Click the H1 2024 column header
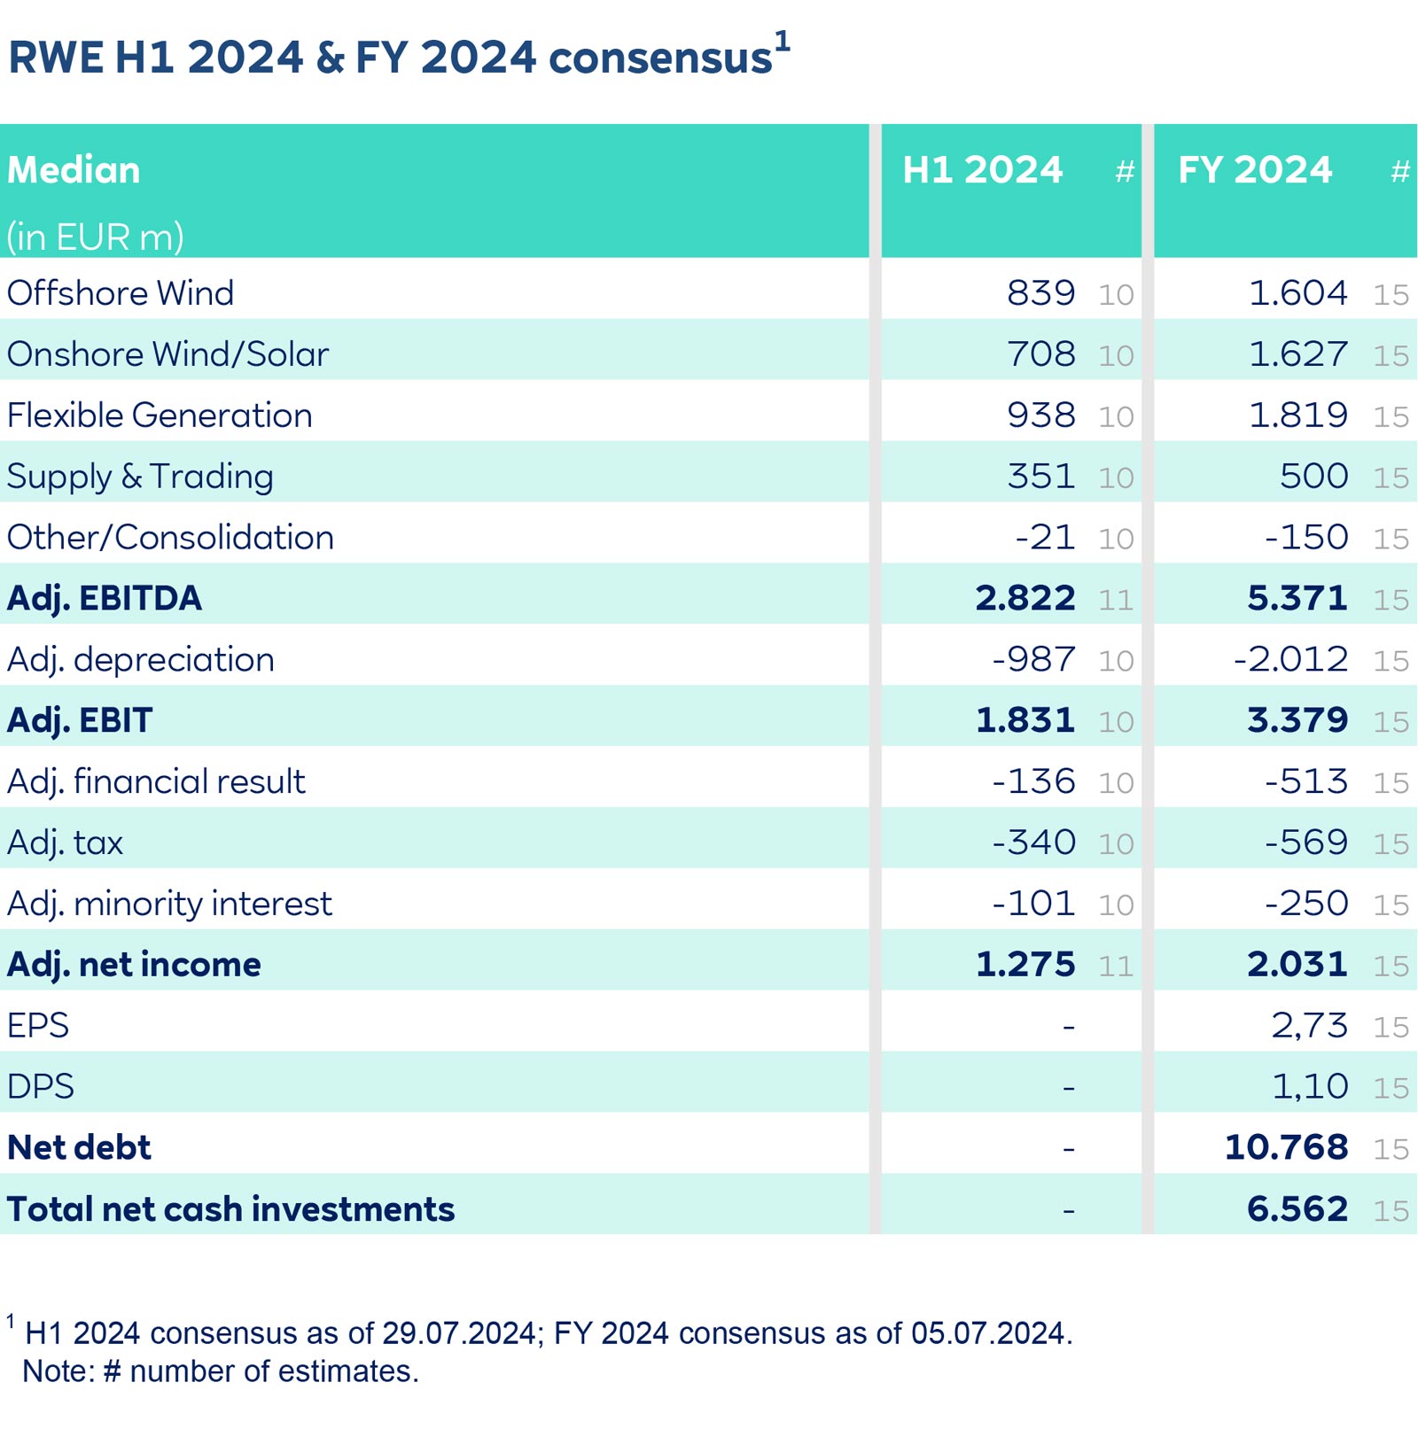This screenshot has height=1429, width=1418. click(x=982, y=169)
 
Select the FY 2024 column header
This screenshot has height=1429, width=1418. click(x=1254, y=169)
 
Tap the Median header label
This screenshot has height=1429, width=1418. click(x=74, y=169)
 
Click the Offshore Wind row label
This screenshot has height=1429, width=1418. click(x=121, y=293)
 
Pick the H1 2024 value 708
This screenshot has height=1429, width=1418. click(x=1040, y=354)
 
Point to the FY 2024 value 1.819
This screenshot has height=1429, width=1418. click(x=1297, y=415)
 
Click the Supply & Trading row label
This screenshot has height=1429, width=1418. click(x=140, y=477)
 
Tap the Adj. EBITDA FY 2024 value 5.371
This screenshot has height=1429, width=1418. click(x=1297, y=598)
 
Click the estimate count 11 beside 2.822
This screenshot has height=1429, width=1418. click(x=1116, y=600)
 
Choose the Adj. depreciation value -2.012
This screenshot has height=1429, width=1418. click(x=1290, y=659)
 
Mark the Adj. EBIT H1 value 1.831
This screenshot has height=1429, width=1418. click(x=1025, y=720)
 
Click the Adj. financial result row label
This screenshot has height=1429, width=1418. click(x=156, y=781)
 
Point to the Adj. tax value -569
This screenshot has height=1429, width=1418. click(x=1305, y=843)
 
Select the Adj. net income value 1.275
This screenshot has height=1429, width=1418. click(x=1025, y=964)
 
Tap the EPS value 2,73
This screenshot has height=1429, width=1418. click(x=1309, y=1026)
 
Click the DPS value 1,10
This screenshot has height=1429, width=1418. click(x=1309, y=1086)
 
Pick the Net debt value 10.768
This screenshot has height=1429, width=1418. click(x=1286, y=1147)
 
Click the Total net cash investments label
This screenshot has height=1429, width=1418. click(x=230, y=1209)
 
